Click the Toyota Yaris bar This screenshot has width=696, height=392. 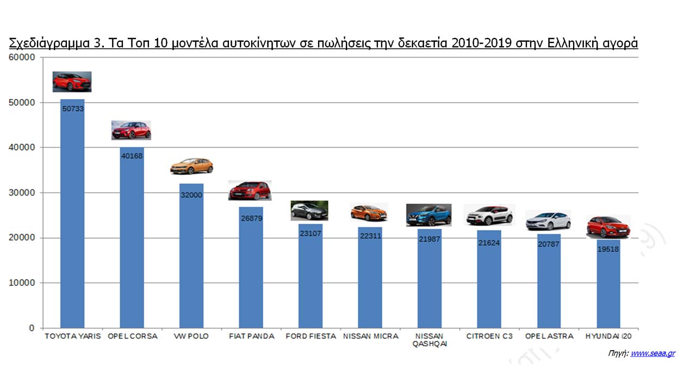(72, 218)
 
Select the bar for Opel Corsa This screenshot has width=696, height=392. (132, 240)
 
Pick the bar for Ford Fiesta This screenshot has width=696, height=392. (310, 278)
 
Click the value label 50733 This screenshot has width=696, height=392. (72, 109)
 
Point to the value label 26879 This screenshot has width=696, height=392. (251, 218)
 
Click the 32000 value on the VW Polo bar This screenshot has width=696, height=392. (191, 195)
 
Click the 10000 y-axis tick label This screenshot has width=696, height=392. (23, 283)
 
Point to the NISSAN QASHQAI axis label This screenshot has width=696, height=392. (430, 340)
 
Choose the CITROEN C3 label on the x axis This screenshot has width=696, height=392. (489, 336)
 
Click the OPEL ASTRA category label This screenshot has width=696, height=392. (549, 336)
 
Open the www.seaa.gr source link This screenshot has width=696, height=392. (652, 353)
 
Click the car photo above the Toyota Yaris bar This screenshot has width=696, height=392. (72, 82)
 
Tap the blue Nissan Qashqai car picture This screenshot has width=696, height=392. (429, 215)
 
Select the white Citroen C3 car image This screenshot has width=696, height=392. (489, 215)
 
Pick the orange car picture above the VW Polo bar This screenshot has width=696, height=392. (191, 166)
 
